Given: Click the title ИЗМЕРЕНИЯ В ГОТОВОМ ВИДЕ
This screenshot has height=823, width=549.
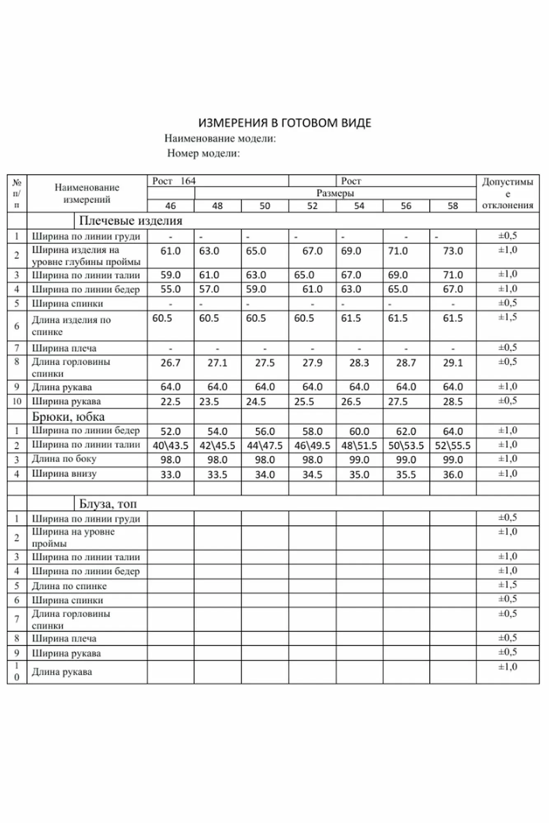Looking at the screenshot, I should pos(285,123).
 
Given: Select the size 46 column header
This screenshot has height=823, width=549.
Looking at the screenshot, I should pos(170,206).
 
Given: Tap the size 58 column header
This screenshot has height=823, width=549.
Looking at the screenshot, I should pos(453,206).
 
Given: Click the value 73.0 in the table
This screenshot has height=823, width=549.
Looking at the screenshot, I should pos(453,251).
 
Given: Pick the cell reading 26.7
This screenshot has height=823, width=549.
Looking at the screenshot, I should pos(170,363).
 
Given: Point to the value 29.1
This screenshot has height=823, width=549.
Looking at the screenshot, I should pos(453,363).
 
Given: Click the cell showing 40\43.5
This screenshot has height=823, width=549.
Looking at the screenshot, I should pos(170,446).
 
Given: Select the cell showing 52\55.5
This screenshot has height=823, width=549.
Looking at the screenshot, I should pos(453,446).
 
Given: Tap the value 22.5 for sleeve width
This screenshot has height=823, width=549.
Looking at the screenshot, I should pos(170,402).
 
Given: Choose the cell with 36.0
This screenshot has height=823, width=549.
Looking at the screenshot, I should pos(453,474).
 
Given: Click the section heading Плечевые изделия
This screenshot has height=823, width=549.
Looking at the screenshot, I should pos(130,221).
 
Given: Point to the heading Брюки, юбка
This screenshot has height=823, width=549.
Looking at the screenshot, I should pos(68,417).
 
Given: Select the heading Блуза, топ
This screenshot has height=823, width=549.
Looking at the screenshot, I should pos(107,504).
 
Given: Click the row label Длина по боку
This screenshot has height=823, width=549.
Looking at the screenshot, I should pos(64,459).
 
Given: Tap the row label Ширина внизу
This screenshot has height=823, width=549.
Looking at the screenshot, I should pos(64,474).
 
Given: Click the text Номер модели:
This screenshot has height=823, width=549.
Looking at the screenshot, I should pos(203,153).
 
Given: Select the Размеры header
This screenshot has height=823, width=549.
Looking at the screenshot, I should pos(335,193).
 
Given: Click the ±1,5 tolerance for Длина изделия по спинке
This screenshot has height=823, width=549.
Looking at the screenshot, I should pos(507,317).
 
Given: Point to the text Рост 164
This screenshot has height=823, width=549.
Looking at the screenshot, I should pos(174,181).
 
